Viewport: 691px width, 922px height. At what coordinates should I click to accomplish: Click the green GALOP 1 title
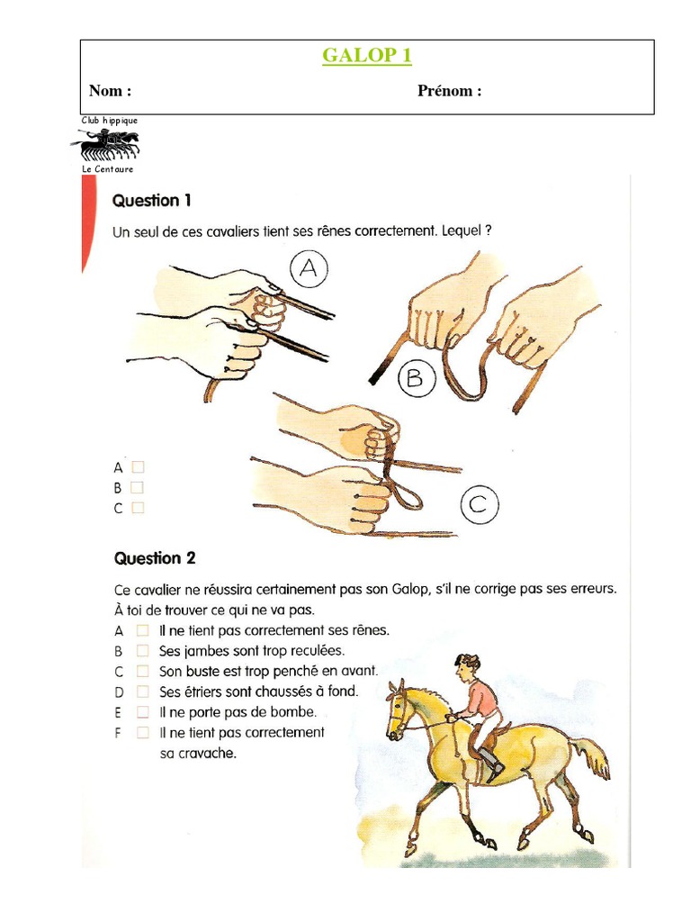click(367, 56)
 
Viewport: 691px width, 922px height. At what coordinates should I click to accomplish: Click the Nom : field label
click(110, 91)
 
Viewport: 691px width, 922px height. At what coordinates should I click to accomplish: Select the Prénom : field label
click(449, 91)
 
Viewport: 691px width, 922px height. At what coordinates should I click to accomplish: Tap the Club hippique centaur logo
click(105, 143)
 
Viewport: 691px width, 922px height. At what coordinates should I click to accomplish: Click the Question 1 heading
click(151, 200)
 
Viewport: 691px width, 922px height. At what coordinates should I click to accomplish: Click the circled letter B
click(413, 379)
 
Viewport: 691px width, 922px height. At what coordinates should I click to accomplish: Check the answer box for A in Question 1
click(138, 467)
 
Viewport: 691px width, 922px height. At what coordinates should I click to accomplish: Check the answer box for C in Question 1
click(138, 508)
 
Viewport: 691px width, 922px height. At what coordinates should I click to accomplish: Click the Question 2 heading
click(154, 558)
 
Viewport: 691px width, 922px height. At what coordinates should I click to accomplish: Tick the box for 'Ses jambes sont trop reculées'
click(142, 650)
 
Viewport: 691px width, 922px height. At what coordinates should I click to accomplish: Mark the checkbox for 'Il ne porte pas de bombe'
click(142, 711)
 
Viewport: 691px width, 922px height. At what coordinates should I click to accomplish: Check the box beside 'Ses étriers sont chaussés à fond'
click(142, 691)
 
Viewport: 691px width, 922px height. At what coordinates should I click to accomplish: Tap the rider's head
click(466, 666)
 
